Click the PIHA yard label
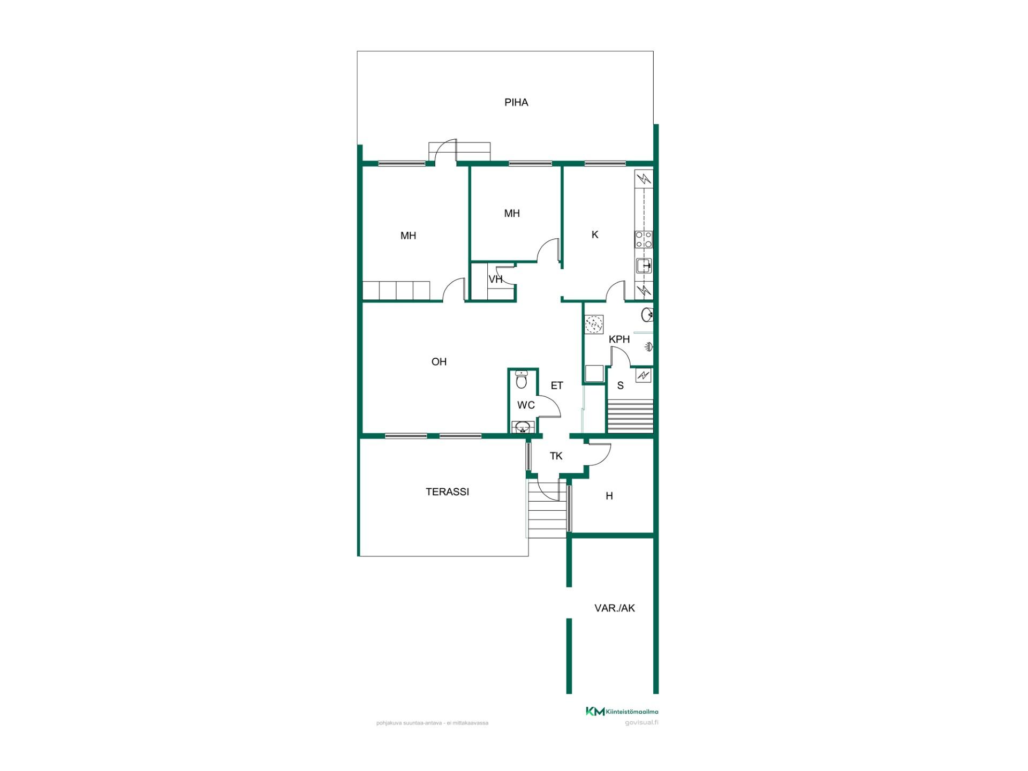click(x=516, y=102)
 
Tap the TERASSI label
click(x=447, y=492)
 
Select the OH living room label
click(x=439, y=362)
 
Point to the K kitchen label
click(x=595, y=235)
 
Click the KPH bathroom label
click(x=619, y=339)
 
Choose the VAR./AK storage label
click(x=615, y=608)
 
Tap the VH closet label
click(x=495, y=279)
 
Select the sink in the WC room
click(x=523, y=427)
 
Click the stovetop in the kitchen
click(x=644, y=239)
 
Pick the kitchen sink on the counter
click(x=644, y=266)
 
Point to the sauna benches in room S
click(x=630, y=415)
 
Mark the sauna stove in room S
click(x=644, y=375)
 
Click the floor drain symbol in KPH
click(x=594, y=324)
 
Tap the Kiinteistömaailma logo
click(x=622, y=712)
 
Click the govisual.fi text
click(x=641, y=723)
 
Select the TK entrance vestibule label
click(x=556, y=456)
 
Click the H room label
click(x=609, y=496)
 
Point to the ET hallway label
click(x=557, y=385)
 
